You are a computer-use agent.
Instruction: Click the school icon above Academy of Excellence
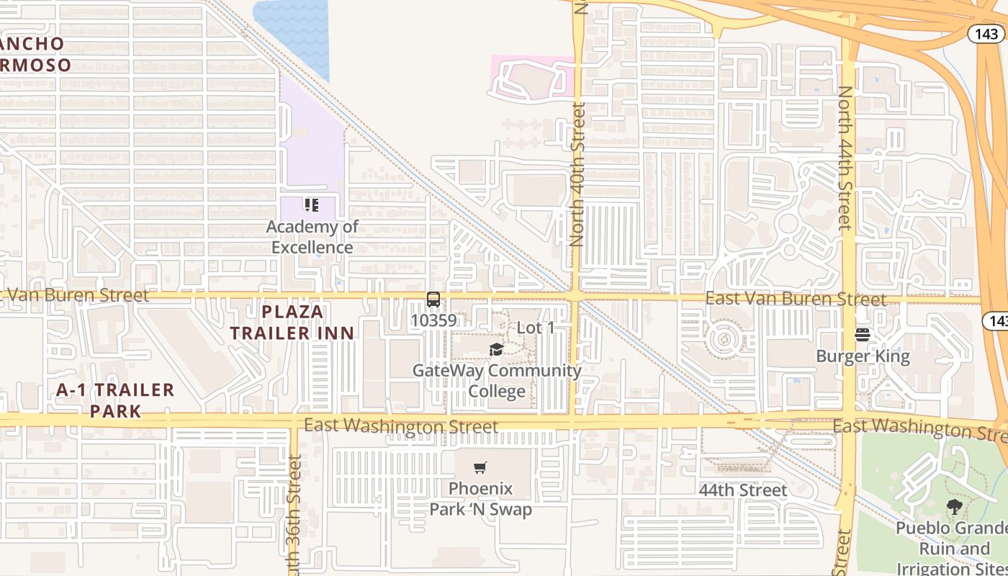[x=311, y=205]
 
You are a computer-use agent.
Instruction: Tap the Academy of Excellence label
[x=312, y=237]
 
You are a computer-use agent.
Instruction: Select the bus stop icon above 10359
[x=433, y=300]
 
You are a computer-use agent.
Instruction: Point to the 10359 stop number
[x=433, y=320]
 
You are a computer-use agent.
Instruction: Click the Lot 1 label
[x=536, y=328]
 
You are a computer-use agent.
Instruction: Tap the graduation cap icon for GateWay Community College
[x=496, y=350]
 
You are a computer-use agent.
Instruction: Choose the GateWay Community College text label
[x=497, y=381]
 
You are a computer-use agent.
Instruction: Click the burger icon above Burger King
[x=863, y=335]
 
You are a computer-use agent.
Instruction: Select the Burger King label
[x=863, y=356]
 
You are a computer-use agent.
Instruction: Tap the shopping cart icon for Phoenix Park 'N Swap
[x=481, y=467]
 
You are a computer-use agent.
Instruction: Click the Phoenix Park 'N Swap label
[x=481, y=499]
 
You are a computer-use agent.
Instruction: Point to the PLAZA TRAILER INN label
[x=292, y=322]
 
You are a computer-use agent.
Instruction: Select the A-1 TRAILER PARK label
[x=115, y=400]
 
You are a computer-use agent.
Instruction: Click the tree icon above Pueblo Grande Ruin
[x=955, y=507]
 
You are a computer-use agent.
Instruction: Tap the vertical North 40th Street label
[x=577, y=174]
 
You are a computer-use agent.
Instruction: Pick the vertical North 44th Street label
[x=845, y=158]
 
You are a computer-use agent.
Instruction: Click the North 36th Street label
[x=293, y=515]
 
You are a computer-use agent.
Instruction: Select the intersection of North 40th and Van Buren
[x=575, y=296]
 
